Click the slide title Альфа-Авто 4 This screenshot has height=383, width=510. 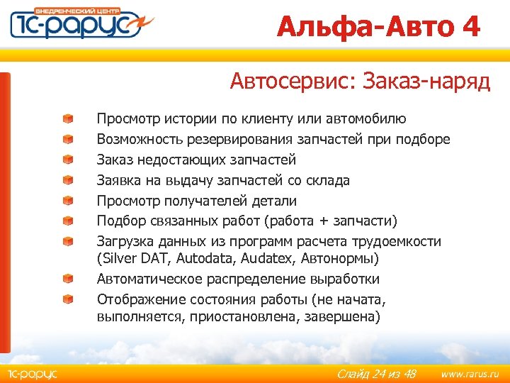[x=378, y=27]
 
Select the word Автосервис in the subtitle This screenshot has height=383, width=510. [x=291, y=83]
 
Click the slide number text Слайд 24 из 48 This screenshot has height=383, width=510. [x=376, y=374]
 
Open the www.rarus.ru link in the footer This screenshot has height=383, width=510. [x=470, y=374]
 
